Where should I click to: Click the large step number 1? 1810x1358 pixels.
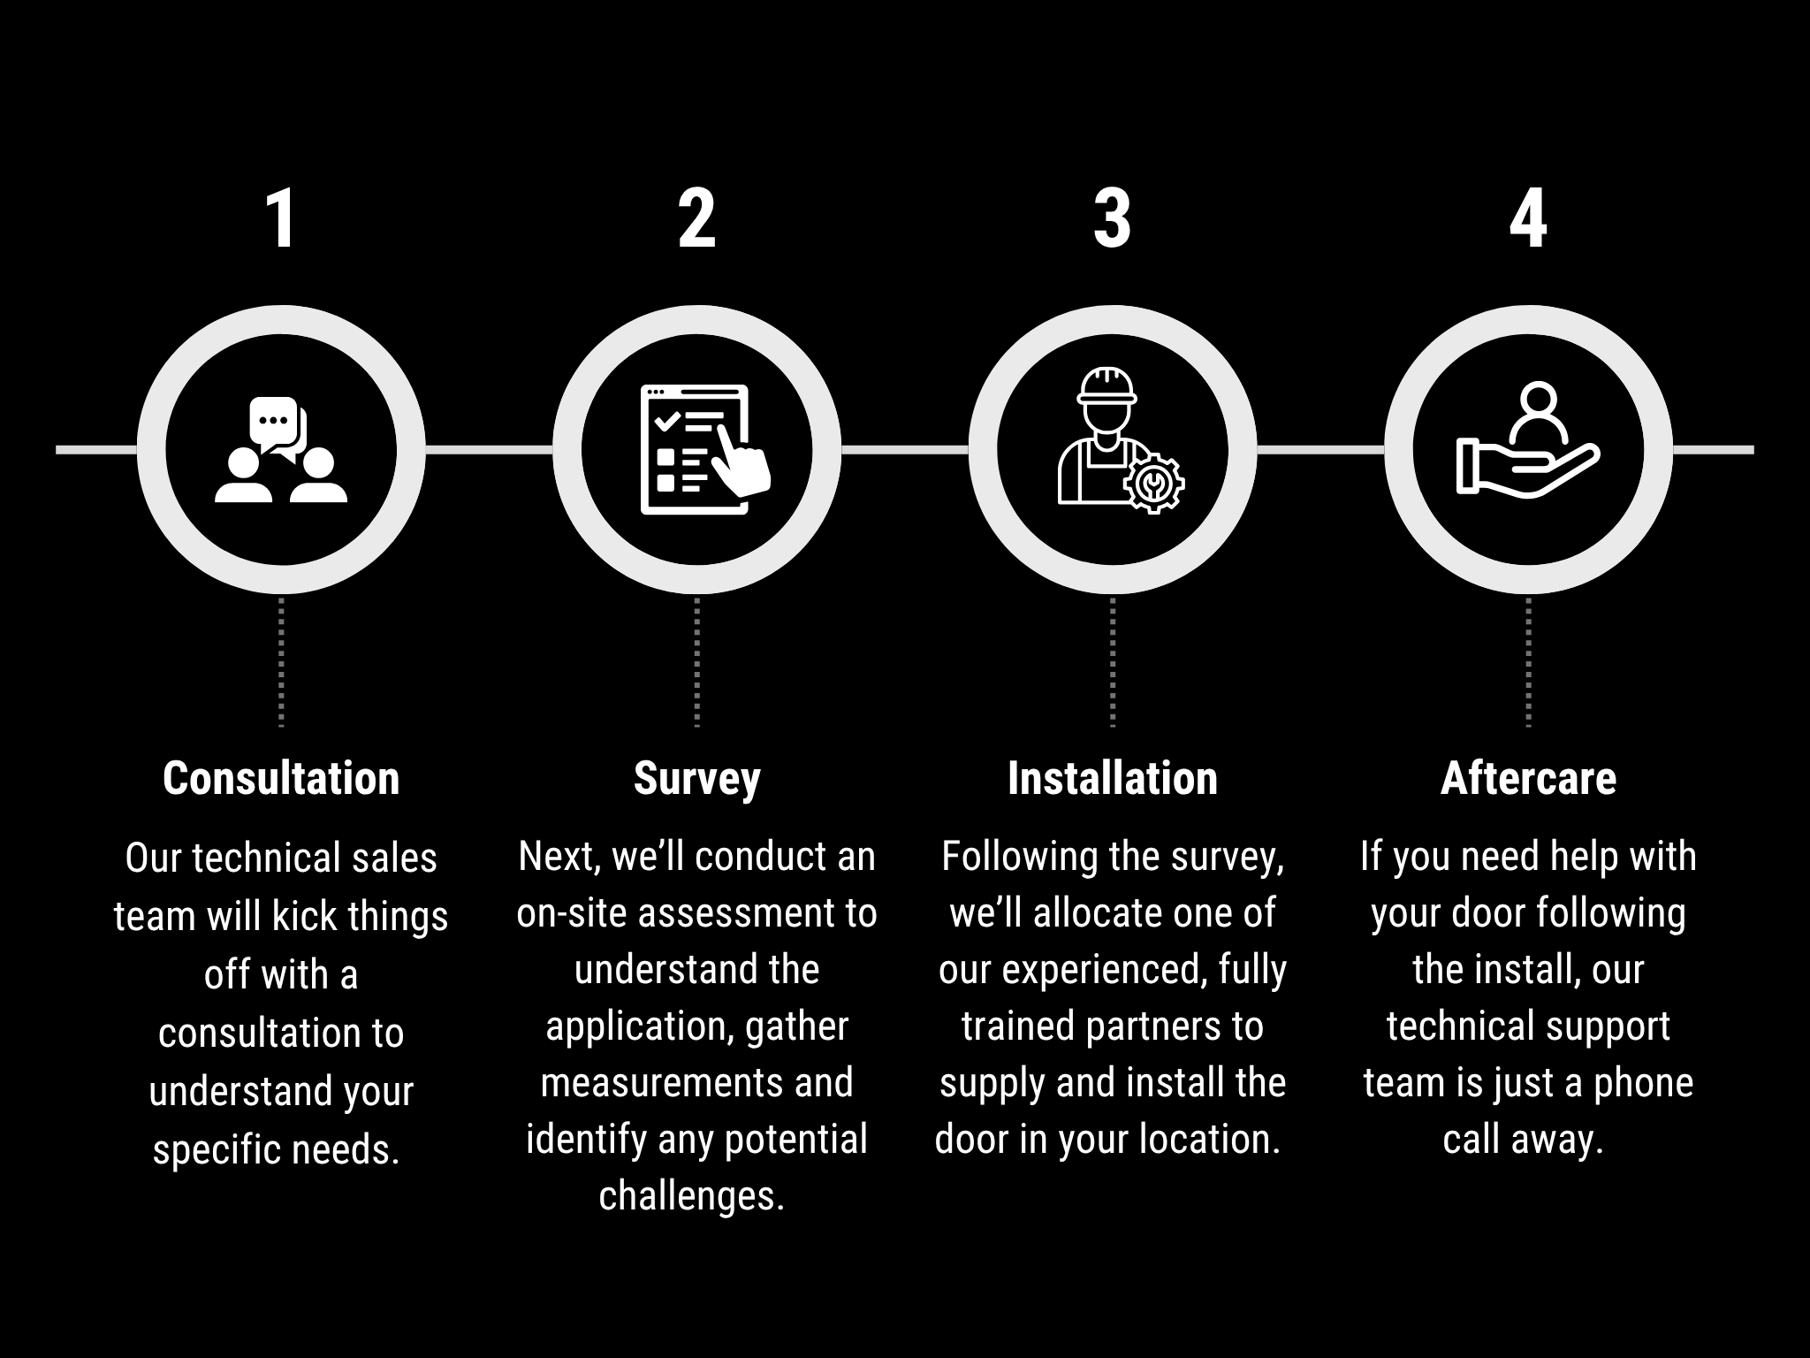(282, 219)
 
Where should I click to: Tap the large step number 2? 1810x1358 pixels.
(696, 219)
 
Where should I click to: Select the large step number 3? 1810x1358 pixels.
(1112, 219)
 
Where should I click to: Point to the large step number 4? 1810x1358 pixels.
(1528, 219)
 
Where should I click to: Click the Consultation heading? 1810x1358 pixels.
(281, 778)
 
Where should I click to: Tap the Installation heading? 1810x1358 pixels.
(1113, 778)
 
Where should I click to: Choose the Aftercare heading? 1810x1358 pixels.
(1528, 778)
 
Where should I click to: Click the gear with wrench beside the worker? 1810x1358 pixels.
(1153, 483)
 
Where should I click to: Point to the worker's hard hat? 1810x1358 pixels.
(1107, 386)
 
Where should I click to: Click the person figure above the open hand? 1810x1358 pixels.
(1538, 412)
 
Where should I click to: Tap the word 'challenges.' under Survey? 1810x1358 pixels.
(692, 1196)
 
